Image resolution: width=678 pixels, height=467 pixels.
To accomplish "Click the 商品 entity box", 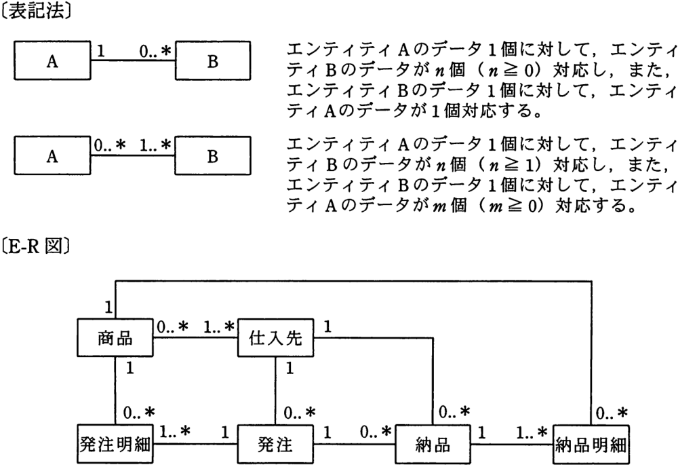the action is pyautogui.click(x=115, y=337).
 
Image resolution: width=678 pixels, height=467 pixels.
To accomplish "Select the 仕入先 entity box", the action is pyautogui.click(x=276, y=337).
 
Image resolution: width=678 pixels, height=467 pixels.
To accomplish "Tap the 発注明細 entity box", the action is pyautogui.click(x=115, y=444).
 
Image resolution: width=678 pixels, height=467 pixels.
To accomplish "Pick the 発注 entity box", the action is pyautogui.click(x=275, y=444).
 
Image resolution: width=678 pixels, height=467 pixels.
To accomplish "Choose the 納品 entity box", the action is pyautogui.click(x=433, y=444).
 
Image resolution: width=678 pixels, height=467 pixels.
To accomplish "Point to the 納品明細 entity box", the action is pyautogui.click(x=591, y=444).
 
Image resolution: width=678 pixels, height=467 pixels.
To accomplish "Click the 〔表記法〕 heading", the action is pyautogui.click(x=37, y=12).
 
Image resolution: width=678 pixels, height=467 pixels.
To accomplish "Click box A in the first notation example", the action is pyautogui.click(x=52, y=60).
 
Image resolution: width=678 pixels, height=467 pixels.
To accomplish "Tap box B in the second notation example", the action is pyautogui.click(x=212, y=156).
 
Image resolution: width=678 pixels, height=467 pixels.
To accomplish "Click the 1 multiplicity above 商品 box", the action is pyautogui.click(x=108, y=307).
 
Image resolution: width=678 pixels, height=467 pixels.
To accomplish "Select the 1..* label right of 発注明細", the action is pyautogui.click(x=175, y=432).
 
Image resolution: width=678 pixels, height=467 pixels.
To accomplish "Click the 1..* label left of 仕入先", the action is pyautogui.click(x=219, y=326).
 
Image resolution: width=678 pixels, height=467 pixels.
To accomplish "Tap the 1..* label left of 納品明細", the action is pyautogui.click(x=532, y=432).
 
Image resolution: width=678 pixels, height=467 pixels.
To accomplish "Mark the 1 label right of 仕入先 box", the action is pyautogui.click(x=327, y=326).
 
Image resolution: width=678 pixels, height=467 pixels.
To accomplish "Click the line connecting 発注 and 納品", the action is pyautogui.click(x=354, y=444).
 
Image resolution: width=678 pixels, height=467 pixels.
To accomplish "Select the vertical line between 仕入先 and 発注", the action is pyautogui.click(x=275, y=390).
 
